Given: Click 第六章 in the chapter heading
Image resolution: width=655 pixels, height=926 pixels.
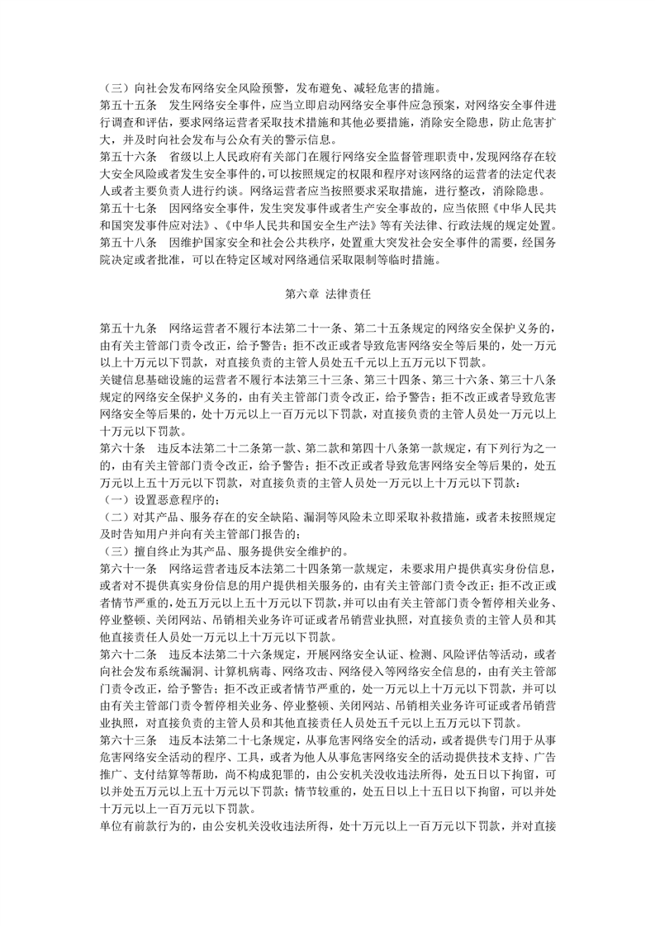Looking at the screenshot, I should coord(302,293).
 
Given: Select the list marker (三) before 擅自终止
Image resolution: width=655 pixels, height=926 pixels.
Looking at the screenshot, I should coord(114,551).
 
